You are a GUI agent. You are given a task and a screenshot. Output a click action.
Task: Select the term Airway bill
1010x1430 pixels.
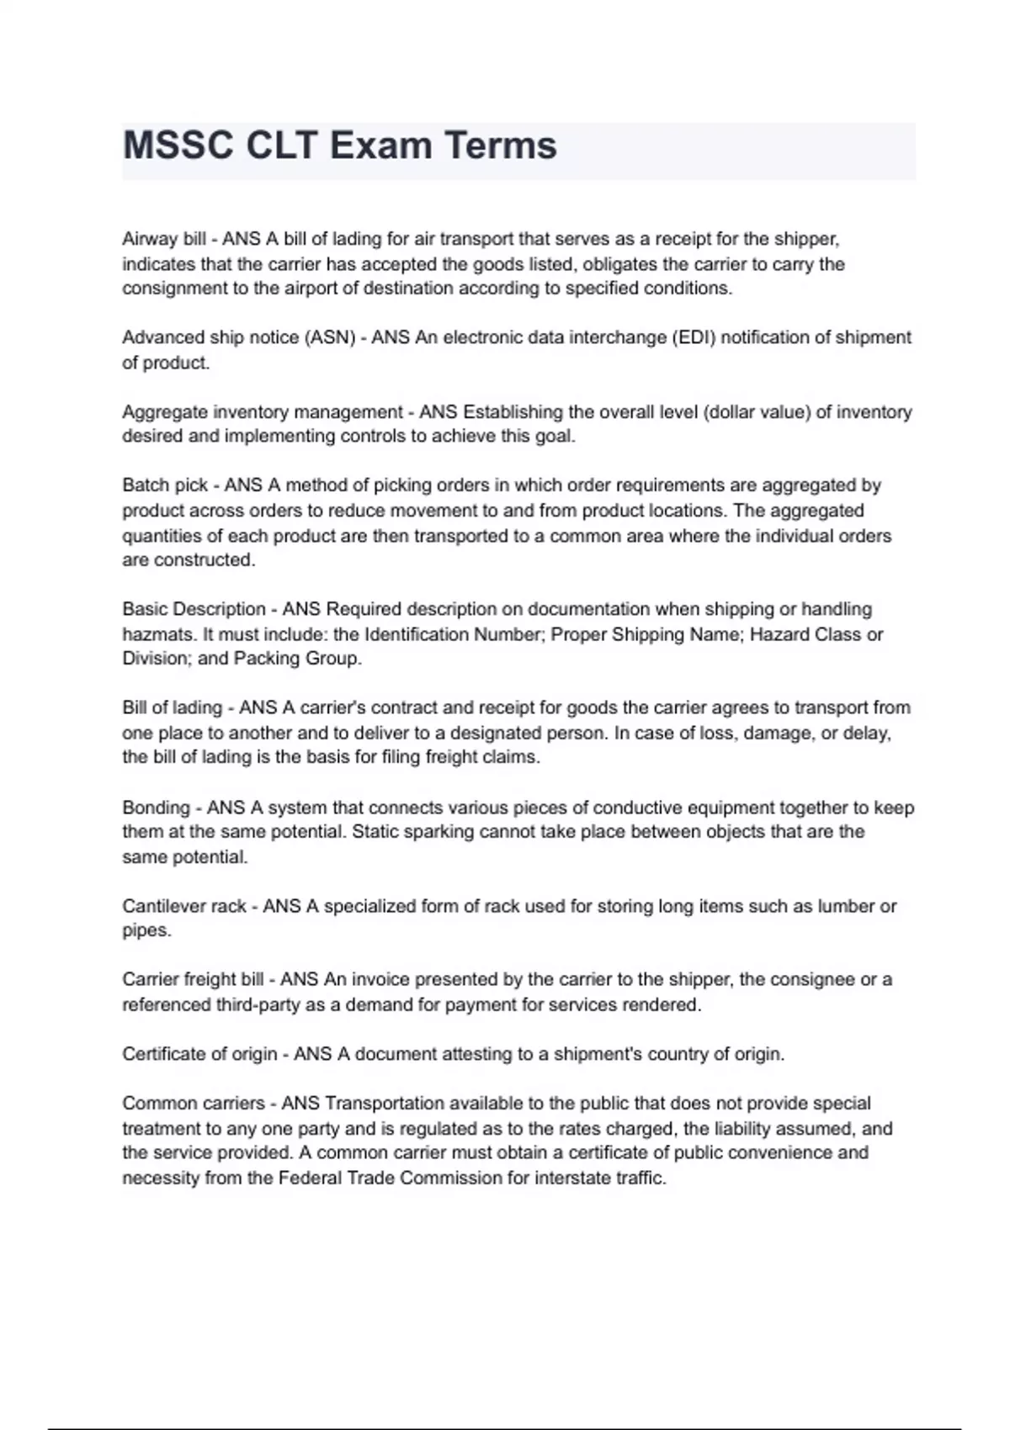click(164, 239)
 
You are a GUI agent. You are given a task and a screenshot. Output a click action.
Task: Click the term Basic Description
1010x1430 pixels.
click(194, 609)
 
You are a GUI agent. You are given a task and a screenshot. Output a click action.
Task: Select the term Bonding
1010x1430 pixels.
click(156, 808)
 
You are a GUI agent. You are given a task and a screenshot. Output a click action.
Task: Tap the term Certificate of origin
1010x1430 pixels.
click(199, 1055)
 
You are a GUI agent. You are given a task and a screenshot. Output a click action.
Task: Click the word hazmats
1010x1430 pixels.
click(157, 634)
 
